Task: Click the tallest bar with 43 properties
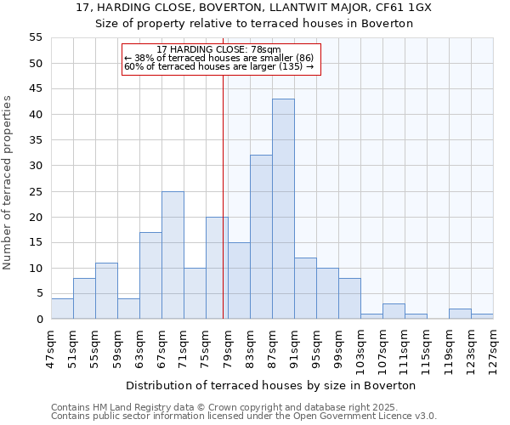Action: pyautogui.click(x=283, y=209)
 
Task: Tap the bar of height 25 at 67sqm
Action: pyautogui.click(x=173, y=255)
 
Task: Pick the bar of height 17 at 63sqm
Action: pyautogui.click(x=150, y=275)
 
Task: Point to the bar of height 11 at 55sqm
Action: pyautogui.click(x=106, y=291)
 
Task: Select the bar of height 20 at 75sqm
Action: pyautogui.click(x=217, y=268)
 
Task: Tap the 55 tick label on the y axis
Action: pyautogui.click(x=35, y=37)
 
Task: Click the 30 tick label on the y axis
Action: pyautogui.click(x=35, y=166)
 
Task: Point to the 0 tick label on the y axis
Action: pyautogui.click(x=38, y=320)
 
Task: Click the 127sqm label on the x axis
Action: pyautogui.click(x=493, y=347)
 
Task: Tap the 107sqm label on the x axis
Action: pyautogui.click(x=382, y=347)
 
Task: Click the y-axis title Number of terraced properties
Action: pyautogui.click(x=8, y=183)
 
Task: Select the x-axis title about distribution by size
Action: pyautogui.click(x=272, y=385)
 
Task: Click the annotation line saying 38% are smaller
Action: pyautogui.click(x=219, y=58)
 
